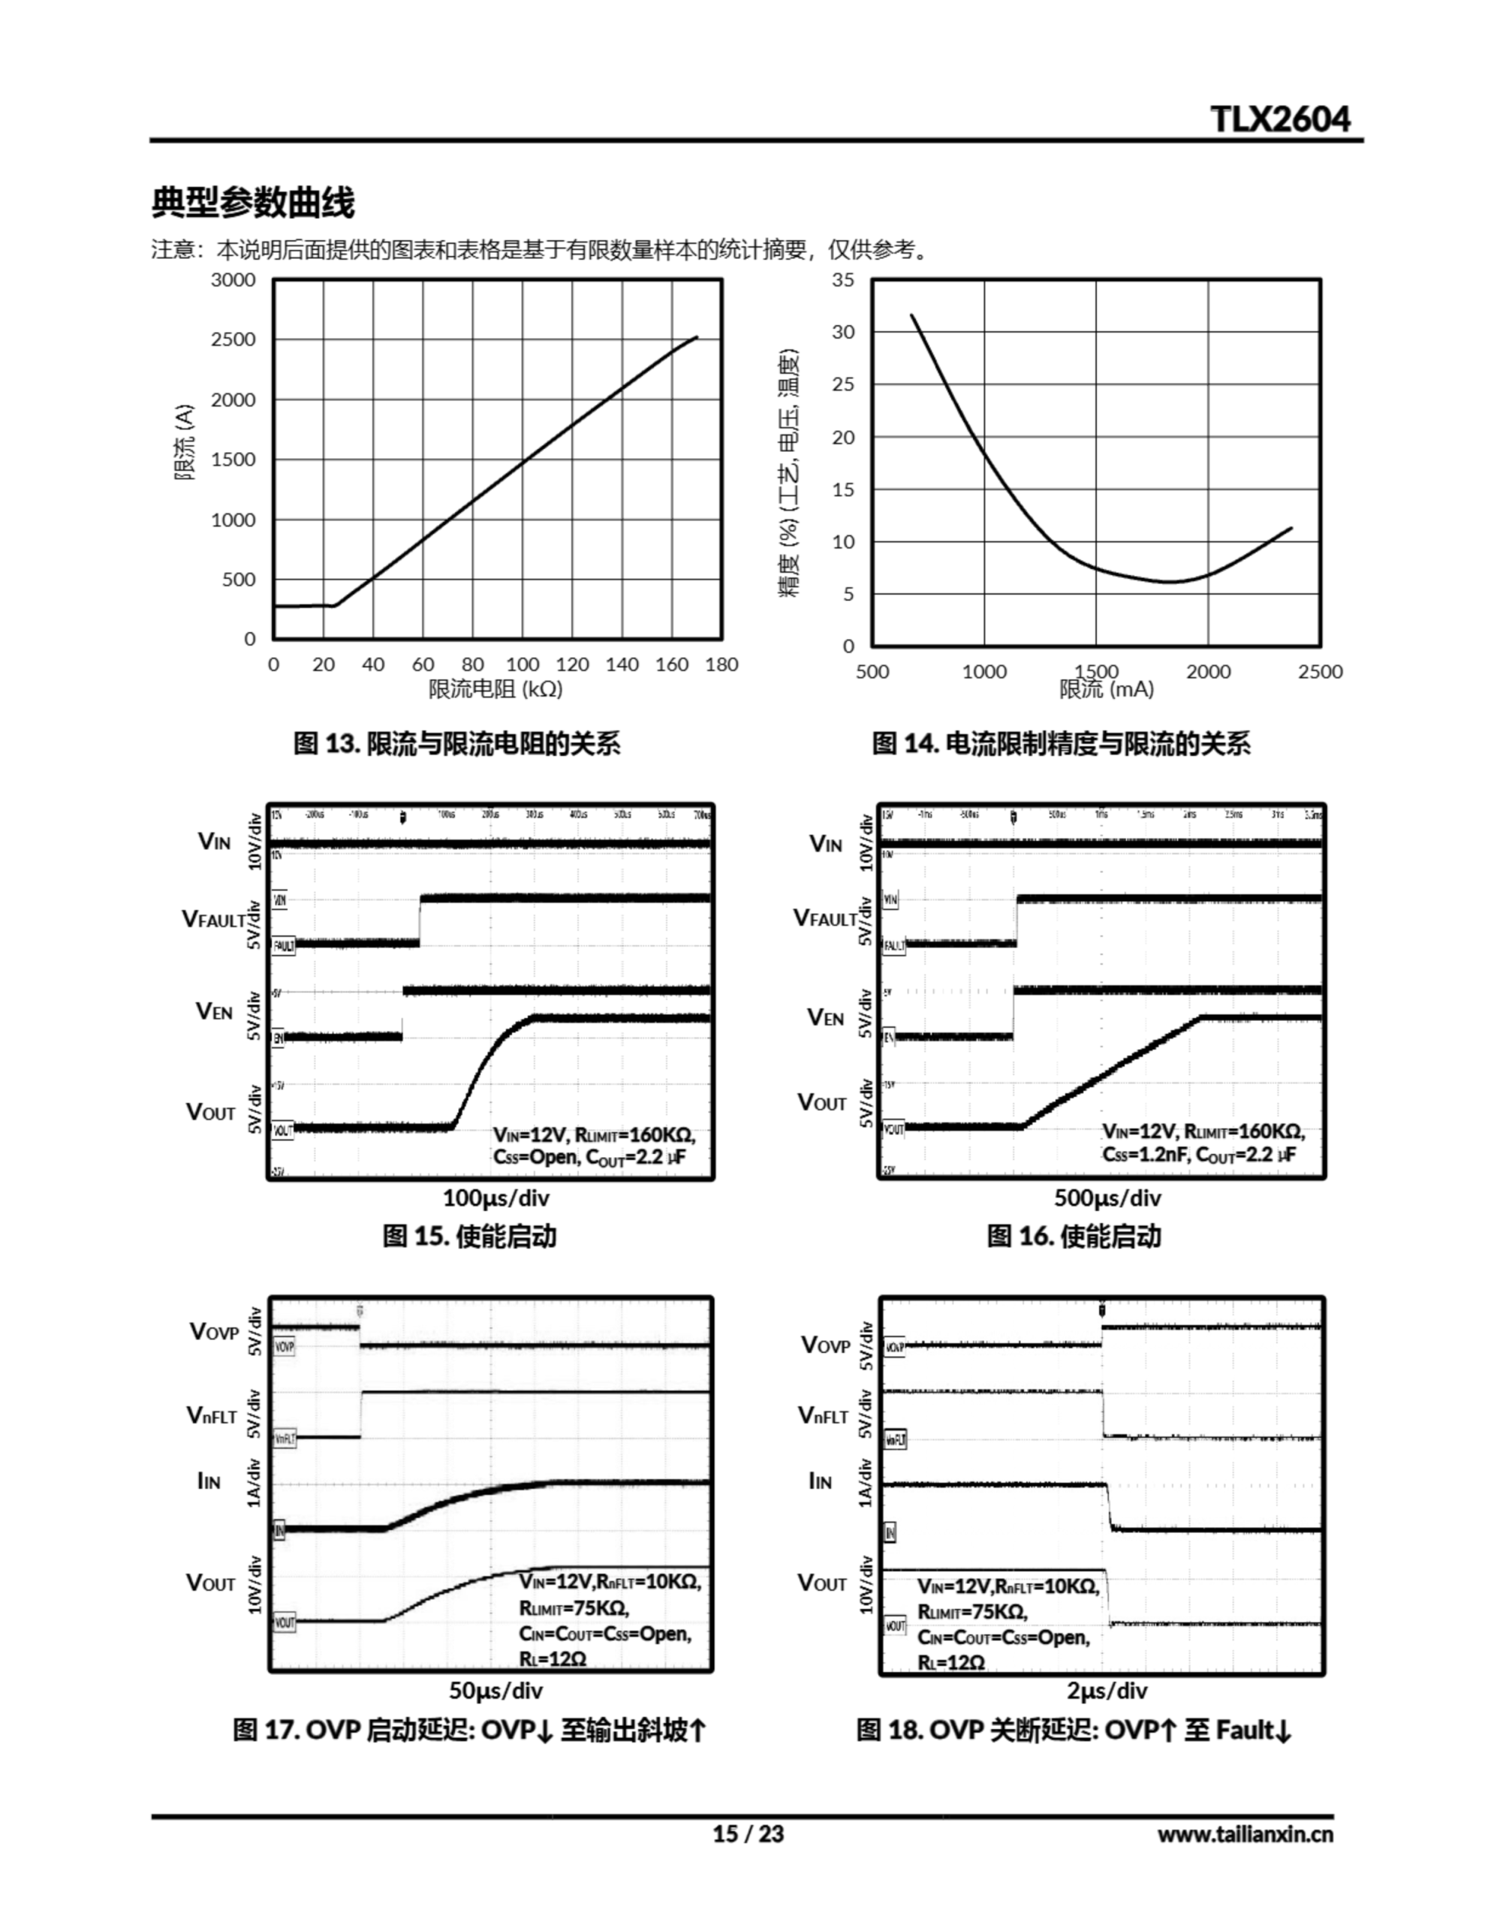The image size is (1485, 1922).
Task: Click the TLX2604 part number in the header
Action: tap(1280, 119)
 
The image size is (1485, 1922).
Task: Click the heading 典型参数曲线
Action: tap(253, 203)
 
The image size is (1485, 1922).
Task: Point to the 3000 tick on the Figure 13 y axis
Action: tap(233, 280)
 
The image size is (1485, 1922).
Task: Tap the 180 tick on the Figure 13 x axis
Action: tap(721, 664)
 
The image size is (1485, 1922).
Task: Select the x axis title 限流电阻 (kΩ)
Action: tap(496, 689)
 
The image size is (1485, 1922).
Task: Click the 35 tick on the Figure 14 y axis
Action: tap(843, 280)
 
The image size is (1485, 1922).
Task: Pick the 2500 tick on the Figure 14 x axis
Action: tap(1320, 671)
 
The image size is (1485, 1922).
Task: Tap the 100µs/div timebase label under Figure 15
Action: tap(496, 1197)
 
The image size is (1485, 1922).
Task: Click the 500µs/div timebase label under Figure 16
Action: tap(1107, 1197)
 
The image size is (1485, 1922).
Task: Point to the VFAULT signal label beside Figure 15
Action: tap(214, 920)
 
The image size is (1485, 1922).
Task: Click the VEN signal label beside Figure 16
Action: tap(826, 1018)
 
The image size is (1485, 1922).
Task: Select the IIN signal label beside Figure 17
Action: tap(209, 1482)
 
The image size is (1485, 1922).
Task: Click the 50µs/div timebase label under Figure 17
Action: tap(496, 1691)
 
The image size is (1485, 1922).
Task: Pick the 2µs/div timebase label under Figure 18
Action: tap(1107, 1691)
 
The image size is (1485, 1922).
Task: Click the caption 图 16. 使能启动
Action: tap(1074, 1237)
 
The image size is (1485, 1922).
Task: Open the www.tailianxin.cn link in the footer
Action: tap(1245, 1834)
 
